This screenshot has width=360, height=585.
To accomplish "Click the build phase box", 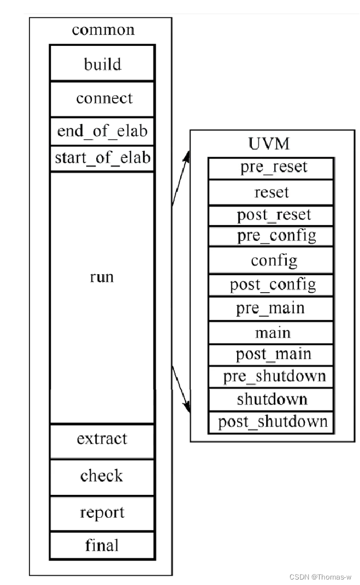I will pyautogui.click(x=102, y=63).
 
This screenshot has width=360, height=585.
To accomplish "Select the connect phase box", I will pyautogui.click(x=102, y=99).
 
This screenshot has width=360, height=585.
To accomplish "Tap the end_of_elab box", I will pyautogui.click(x=102, y=131).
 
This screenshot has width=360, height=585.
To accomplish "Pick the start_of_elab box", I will pyautogui.click(x=102, y=158).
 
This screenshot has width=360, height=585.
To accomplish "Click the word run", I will pyautogui.click(x=102, y=276).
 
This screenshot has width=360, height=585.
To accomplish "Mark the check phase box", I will pyautogui.click(x=102, y=477).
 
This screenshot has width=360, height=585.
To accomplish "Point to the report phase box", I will pyautogui.click(x=102, y=513).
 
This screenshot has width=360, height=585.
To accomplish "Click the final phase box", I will pyautogui.click(x=102, y=545).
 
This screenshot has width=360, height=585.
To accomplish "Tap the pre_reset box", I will pyautogui.click(x=271, y=168).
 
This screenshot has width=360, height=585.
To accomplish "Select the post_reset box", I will pyautogui.click(x=271, y=215).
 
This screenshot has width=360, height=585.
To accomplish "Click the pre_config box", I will pyautogui.click(x=271, y=236).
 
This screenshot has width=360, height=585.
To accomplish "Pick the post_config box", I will pyautogui.click(x=271, y=284).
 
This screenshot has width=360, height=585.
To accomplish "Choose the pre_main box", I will pyautogui.click(x=271, y=308).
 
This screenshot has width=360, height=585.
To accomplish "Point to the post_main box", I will pyautogui.click(x=271, y=354).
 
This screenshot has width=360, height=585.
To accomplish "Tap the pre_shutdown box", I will pyautogui.click(x=271, y=376).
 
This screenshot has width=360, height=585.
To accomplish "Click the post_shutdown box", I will pyautogui.click(x=271, y=422).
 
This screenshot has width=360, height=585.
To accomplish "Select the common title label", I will pyautogui.click(x=103, y=29).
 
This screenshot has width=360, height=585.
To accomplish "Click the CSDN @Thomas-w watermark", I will pyautogui.click(x=320, y=577).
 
